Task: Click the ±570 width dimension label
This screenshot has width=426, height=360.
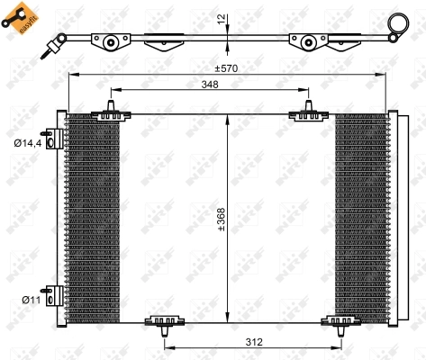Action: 226,67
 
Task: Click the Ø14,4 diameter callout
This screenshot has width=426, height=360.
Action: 26,141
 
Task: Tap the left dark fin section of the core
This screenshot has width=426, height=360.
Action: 94,216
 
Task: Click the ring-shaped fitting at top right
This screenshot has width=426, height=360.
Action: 397,26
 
